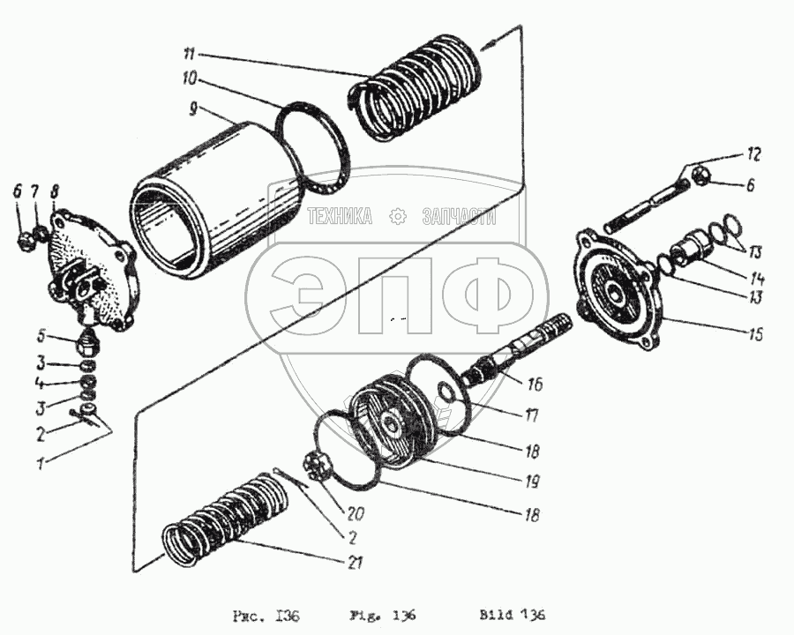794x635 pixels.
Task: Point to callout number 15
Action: [x=756, y=334]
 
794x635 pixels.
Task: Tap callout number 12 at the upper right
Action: [x=753, y=154]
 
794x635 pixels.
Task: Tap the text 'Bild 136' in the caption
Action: [x=513, y=616]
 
